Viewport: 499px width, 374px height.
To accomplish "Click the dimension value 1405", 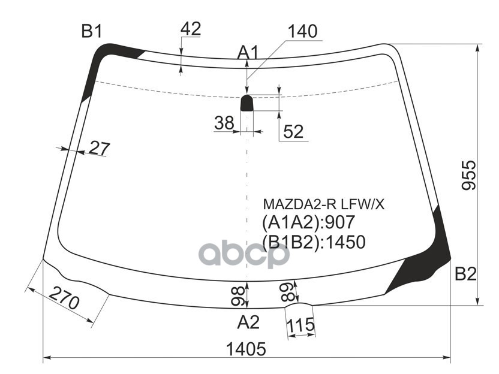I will coord(246,349).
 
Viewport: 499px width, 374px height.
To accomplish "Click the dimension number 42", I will coord(190,28).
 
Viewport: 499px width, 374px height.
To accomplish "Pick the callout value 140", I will coord(302,32).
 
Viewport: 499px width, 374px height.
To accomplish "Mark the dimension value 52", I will coord(293,132).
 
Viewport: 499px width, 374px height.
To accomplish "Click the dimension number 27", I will coord(99,147).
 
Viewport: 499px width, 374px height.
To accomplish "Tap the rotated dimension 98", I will coord(238,295).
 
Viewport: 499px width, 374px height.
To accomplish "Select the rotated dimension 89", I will coord(288,292).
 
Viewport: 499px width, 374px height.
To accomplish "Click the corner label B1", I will coord(92,32).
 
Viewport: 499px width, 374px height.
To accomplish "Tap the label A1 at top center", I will coord(247,53).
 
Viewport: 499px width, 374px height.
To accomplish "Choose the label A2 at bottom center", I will coord(248,322).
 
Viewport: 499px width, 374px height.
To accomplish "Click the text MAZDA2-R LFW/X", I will coord(323,205).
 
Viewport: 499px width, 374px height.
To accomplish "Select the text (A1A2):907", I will coord(309,223).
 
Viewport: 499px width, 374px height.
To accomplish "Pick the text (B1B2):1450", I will coord(314,241).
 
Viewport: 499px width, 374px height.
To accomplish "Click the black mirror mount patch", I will coord(247,104).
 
